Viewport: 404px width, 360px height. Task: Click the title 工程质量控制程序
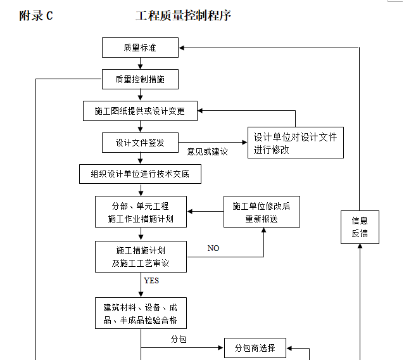(183, 16)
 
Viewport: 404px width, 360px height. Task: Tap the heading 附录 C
(36, 16)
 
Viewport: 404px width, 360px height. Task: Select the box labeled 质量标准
(140, 48)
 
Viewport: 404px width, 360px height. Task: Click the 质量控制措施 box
(140, 79)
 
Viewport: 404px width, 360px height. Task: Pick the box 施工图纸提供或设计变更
(140, 111)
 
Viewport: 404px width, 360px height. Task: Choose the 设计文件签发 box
(140, 143)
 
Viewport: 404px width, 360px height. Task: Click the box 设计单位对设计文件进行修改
(295, 143)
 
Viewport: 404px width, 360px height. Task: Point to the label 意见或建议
(207, 152)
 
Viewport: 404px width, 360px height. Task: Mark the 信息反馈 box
(360, 227)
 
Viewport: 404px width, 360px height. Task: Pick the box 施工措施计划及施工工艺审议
(140, 257)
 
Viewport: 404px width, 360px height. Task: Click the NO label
(213, 248)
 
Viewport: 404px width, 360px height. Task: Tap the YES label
(151, 280)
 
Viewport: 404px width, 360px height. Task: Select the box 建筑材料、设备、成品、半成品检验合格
(140, 313)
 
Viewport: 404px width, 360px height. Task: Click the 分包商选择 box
(255, 348)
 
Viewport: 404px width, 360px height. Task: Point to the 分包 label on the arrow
(179, 340)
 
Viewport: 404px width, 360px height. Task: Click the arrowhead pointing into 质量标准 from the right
(182, 48)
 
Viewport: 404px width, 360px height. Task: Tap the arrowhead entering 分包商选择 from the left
(221, 348)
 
